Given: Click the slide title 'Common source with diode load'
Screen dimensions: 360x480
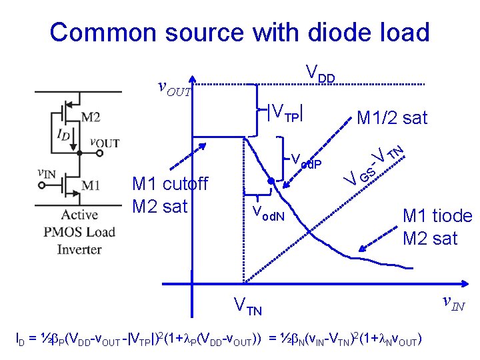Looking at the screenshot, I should (239, 31).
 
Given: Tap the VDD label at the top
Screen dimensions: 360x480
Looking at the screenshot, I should (320, 73).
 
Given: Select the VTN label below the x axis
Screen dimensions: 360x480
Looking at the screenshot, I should (247, 307).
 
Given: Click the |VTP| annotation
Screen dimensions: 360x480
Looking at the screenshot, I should (285, 113).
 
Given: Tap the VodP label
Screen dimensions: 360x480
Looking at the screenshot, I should (307, 161).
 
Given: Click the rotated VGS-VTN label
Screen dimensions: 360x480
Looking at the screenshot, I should (373, 165).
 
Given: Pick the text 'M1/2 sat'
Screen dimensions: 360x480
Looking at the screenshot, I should (391, 119).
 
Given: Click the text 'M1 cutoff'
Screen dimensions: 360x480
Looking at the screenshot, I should (170, 183).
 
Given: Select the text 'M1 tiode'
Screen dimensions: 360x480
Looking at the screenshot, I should (437, 216).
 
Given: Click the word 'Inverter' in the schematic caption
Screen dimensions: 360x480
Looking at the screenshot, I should (79, 249).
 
